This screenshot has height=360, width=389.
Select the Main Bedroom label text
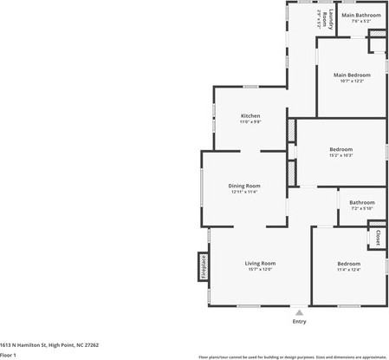(353, 75)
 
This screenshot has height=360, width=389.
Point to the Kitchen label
(250, 115)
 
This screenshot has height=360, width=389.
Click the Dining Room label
(244, 186)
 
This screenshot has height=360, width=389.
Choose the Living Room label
(259, 263)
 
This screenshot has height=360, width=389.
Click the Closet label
(378, 237)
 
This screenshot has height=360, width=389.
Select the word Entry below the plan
(299, 322)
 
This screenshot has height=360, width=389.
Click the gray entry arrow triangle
(299, 311)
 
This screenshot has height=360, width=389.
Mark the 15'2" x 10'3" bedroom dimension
(340, 155)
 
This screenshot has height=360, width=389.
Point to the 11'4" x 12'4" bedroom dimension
(349, 270)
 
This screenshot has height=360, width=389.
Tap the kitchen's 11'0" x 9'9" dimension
(250, 122)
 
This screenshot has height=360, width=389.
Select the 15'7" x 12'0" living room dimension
(259, 270)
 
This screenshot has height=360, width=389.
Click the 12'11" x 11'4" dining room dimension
(244, 192)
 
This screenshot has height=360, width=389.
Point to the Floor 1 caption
(10, 355)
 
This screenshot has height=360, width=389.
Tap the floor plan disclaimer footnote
(292, 357)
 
